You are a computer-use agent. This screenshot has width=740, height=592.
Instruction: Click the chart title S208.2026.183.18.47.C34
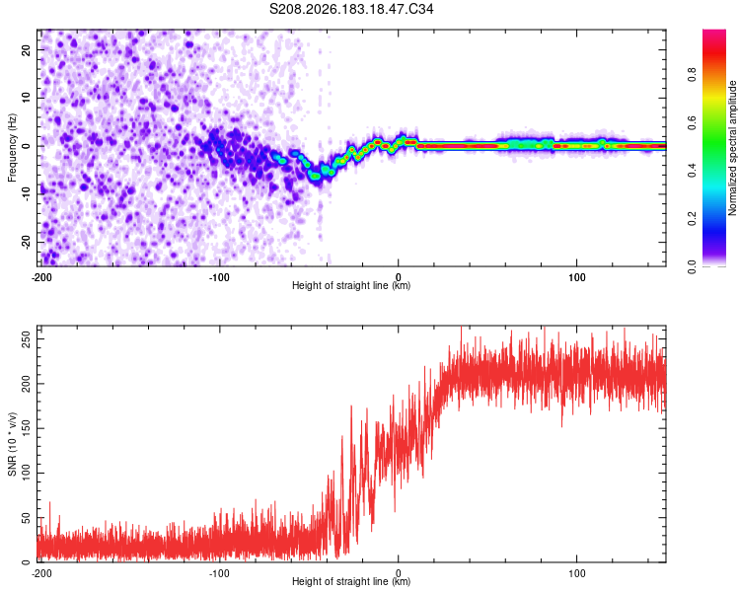pos(351,9)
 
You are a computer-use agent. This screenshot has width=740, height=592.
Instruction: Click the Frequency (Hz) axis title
pos(12,148)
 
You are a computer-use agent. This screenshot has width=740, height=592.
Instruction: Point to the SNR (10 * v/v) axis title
pos(12,444)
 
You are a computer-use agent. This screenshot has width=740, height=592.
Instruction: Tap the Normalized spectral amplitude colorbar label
pos(732,148)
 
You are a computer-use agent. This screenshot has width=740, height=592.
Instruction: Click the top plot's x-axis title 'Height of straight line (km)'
pos(351,285)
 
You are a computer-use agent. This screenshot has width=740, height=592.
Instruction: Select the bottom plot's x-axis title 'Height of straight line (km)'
pos(351,581)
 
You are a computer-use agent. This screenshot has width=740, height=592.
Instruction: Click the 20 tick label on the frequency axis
pos(26,49)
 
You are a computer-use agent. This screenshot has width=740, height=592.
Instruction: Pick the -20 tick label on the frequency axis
pos(26,242)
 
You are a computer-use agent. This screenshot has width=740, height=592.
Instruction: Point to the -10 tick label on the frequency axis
pos(26,194)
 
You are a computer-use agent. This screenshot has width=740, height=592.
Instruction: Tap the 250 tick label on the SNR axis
pos(26,339)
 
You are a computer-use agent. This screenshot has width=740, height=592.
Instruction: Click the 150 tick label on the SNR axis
pos(26,428)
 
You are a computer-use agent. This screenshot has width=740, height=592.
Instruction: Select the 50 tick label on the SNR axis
pos(26,517)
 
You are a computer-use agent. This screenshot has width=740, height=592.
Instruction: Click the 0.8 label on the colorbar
pos(692,74)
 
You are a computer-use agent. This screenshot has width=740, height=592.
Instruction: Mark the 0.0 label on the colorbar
pos(692,266)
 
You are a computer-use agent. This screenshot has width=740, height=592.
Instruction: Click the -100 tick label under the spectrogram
pos(219,277)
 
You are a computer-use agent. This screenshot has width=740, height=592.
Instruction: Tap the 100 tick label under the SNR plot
pos(577,573)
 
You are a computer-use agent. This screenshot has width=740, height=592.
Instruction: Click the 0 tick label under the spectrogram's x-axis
pos(399,277)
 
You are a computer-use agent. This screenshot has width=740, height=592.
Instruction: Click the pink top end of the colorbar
pos(714,33)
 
